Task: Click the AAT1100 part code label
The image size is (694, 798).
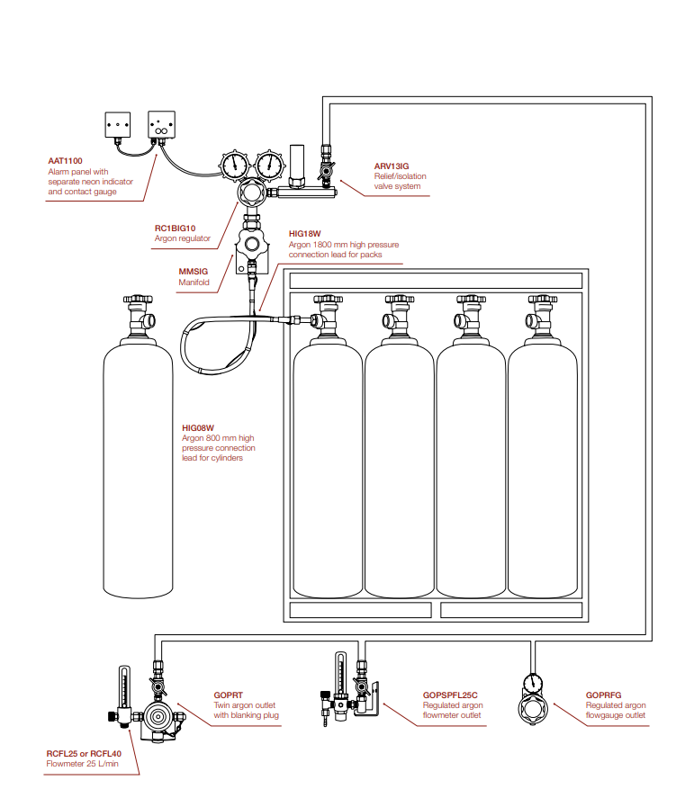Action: [65, 161]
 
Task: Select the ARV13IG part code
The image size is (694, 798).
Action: [392, 166]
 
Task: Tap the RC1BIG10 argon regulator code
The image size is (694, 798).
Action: [176, 229]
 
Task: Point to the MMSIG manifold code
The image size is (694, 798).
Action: [194, 272]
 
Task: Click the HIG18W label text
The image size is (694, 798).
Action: [305, 234]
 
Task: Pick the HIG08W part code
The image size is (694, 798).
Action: [198, 428]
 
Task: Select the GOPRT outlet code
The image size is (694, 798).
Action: [228, 695]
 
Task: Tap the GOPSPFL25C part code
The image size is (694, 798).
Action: [450, 695]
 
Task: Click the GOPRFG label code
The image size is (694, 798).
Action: [603, 695]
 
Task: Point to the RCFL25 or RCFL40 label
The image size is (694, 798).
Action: [84, 754]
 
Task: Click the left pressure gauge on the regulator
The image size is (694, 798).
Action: [234, 165]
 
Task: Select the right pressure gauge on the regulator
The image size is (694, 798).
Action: [269, 165]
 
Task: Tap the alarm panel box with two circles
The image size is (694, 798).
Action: [161, 125]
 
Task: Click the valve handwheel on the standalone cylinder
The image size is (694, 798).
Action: [138, 300]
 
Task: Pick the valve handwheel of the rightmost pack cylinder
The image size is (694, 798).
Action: [543, 300]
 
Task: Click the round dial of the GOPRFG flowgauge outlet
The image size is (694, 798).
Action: [533, 683]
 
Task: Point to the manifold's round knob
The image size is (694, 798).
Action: [251, 245]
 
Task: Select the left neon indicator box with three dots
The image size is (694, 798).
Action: [118, 125]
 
